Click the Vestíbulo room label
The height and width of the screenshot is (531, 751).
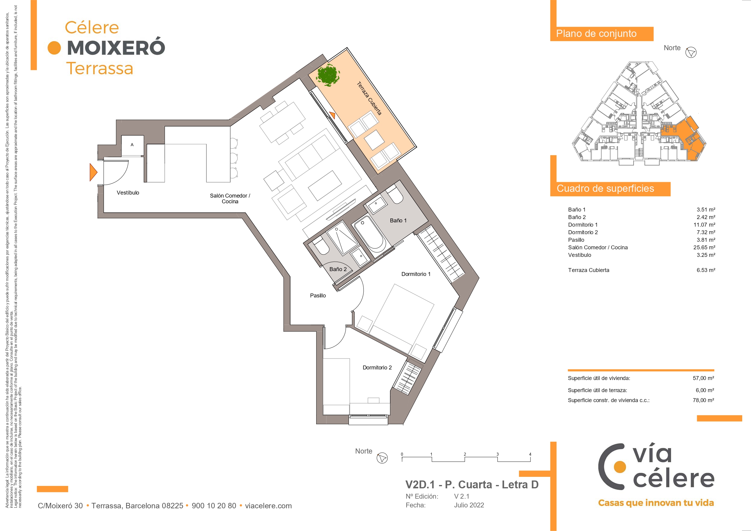(x=128, y=193)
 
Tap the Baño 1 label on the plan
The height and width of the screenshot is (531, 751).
(x=398, y=221)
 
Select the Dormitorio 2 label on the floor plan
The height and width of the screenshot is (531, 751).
(x=377, y=368)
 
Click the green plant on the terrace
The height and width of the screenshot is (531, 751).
(x=328, y=75)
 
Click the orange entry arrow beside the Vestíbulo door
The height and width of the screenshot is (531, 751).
(x=93, y=172)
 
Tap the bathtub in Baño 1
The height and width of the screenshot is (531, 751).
(x=369, y=234)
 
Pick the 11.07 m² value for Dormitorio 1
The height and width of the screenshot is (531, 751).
(x=704, y=225)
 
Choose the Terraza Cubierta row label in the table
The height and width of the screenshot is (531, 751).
(x=589, y=270)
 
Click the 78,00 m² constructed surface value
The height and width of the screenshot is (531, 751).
(x=703, y=400)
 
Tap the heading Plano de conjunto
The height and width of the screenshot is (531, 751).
(x=596, y=34)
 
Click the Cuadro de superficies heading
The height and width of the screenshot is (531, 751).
(x=605, y=188)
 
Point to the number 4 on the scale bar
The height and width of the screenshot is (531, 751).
(x=530, y=454)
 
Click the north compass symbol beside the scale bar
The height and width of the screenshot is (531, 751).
(x=382, y=458)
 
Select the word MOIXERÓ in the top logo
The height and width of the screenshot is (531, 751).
(x=116, y=48)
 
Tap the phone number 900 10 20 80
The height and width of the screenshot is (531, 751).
(x=214, y=506)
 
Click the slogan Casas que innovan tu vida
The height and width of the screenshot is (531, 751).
(x=656, y=503)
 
